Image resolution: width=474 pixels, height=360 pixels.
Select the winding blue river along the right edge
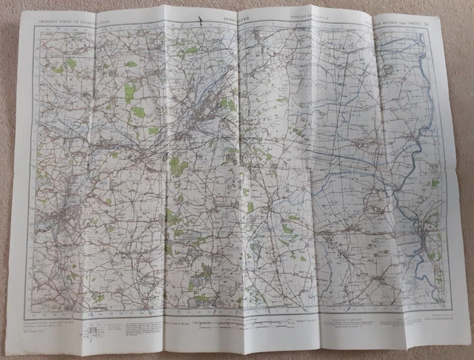pos(421,141)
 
